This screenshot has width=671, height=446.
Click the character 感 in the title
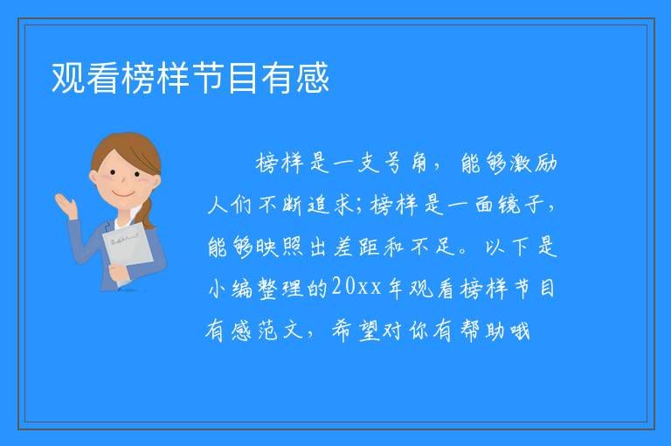coord(313,78)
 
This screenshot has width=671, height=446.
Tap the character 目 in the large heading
coord(243,78)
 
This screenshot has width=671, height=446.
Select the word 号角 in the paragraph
coord(400,164)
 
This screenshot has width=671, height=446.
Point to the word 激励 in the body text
coord(531,164)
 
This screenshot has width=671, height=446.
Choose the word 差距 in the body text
coord(355,247)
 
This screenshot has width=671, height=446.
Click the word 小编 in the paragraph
coord(231,288)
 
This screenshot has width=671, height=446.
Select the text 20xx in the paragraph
coord(356,287)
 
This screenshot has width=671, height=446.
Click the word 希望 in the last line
coord(356,331)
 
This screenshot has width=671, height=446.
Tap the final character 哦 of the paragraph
coord(519,331)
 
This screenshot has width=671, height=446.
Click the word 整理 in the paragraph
coord(280,288)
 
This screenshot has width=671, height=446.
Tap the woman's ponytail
coord(148,214)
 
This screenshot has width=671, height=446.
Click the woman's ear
coord(93,177)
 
